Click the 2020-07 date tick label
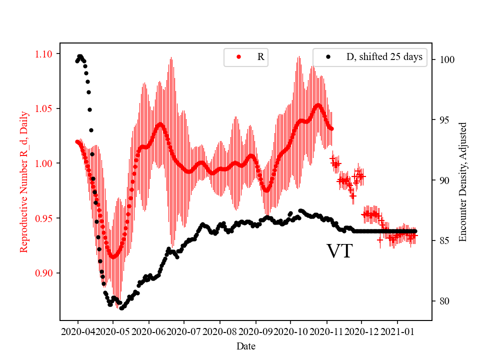click(x=184, y=331)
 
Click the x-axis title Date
click(x=246, y=345)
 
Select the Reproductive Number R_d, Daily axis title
click(x=23, y=181)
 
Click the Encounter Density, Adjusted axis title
click(x=462, y=181)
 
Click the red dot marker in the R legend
click(x=238, y=57)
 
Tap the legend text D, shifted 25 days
click(x=384, y=57)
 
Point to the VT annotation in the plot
click(x=339, y=251)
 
